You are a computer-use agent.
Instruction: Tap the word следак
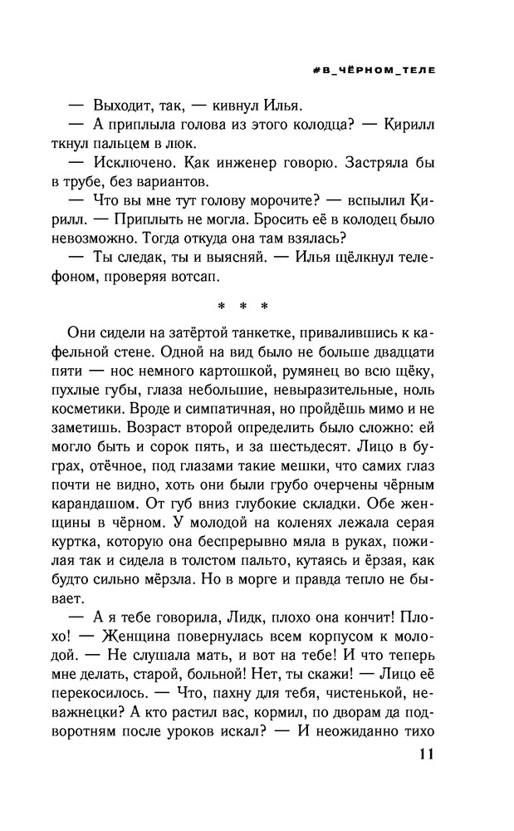(x=138, y=258)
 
